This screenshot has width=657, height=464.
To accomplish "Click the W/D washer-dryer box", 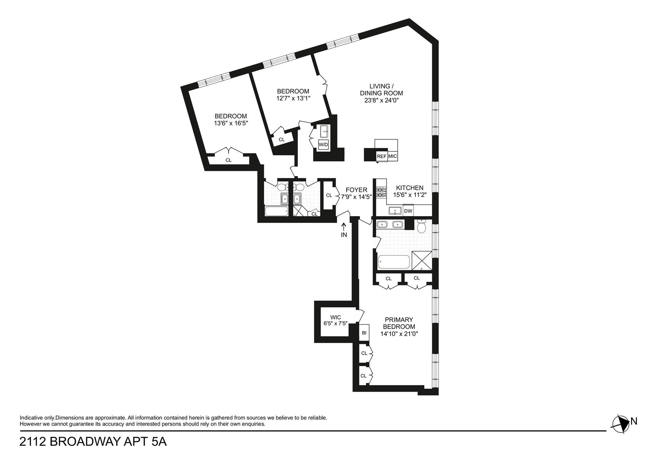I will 323,145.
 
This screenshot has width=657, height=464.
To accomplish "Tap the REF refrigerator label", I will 382,156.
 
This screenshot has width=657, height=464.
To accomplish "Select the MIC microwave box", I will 393,156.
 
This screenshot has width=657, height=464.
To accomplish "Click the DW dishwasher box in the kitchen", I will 408,211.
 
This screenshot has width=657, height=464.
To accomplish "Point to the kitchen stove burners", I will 381,193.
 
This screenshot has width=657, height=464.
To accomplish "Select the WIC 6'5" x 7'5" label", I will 336,320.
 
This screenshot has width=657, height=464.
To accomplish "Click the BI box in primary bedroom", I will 364,332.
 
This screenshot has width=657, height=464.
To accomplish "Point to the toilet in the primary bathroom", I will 421,226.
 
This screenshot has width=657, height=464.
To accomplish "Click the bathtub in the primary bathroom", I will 394,263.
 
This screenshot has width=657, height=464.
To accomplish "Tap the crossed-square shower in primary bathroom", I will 422,261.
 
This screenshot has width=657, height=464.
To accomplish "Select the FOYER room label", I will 356,190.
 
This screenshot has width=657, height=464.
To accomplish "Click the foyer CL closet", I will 329,195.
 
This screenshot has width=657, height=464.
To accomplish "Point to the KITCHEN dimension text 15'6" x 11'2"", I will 410,195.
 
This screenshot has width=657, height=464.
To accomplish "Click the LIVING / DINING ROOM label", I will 382,90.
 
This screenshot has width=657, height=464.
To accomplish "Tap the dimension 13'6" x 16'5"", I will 231,123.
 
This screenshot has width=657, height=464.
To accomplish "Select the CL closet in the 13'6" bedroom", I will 228,160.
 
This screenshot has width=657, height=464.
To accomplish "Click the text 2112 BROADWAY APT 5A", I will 93,442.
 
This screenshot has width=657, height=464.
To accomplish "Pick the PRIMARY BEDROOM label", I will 399,323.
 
